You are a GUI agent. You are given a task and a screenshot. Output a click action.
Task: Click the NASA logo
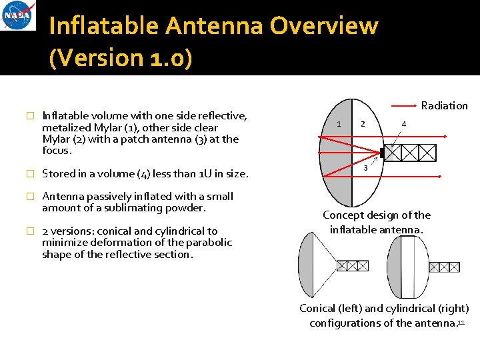point(19,16)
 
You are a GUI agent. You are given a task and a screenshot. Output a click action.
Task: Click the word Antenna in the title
point(214,26)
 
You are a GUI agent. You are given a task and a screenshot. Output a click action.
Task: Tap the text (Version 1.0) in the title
point(121,58)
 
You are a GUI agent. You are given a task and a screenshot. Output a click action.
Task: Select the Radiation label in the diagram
point(445,105)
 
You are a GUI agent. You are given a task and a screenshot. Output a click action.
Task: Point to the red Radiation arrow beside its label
point(404,105)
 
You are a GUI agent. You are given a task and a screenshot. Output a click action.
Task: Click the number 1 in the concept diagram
point(339,124)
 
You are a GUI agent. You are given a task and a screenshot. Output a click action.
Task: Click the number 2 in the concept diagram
point(363,123)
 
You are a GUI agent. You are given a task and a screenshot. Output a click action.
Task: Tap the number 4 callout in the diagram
point(404,123)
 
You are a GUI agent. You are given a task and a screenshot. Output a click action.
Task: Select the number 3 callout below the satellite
point(365,167)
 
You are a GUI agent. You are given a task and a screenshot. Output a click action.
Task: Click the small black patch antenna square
point(383,153)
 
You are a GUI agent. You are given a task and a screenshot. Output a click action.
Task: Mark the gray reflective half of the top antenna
point(337,153)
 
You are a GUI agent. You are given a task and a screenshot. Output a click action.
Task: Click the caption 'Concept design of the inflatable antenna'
point(377,222)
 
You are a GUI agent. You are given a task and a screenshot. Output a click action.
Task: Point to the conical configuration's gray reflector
point(306,265)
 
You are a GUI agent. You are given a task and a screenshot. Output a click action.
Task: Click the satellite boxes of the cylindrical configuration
point(444,267)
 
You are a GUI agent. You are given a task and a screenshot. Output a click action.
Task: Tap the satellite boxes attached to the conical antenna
point(353,265)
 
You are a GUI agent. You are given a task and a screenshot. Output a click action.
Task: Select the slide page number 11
point(461,323)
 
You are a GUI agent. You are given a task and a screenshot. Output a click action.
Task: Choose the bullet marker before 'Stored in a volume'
point(29,174)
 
